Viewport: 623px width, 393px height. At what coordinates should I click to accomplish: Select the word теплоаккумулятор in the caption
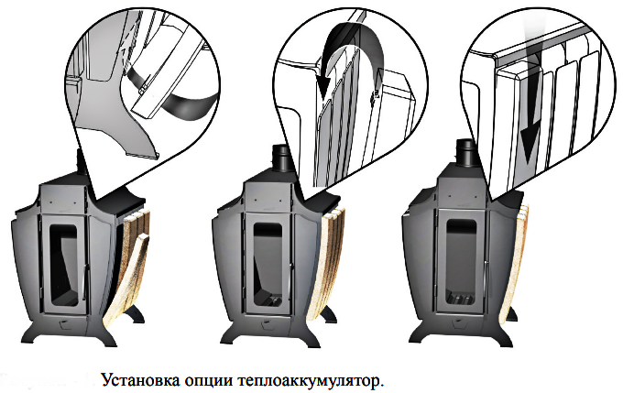pos(309,381)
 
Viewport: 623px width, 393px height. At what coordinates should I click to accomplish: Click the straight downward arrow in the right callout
pos(530,119)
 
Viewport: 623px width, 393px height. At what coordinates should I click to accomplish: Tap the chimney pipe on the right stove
pos(466,152)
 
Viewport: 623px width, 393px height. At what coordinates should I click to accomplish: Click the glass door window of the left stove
pos(63,265)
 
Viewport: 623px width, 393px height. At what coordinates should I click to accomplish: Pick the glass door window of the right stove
pos(461,262)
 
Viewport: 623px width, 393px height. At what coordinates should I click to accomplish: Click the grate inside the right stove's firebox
pos(461,297)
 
